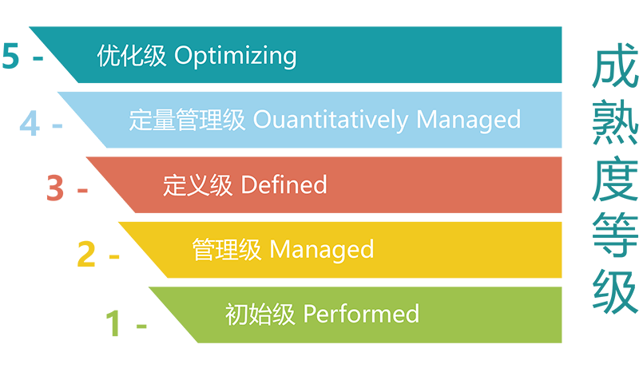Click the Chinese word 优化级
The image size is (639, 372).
point(132,56)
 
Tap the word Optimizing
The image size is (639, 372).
point(235,57)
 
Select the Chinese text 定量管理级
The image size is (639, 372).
point(188,120)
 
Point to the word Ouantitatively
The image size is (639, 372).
point(331,121)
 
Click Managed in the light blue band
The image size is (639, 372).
point(469,121)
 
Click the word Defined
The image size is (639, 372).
point(284,185)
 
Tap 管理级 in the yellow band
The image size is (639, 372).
point(227,249)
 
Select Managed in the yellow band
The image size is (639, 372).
point(322,250)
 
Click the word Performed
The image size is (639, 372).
point(361,313)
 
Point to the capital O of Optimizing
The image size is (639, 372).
point(182,57)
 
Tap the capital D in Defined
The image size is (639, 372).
point(248,185)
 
